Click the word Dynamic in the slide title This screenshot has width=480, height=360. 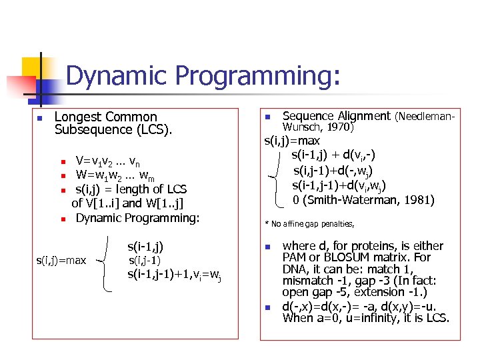tap(111, 77)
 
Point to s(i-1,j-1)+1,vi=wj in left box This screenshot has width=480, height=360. tap(174, 274)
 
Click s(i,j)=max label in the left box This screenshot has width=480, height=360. tap(61, 260)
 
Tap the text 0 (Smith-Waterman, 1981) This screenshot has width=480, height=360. tap(363, 199)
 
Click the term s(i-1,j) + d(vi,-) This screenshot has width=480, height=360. tap(333, 155)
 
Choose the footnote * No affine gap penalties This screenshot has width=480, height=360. tap(309, 224)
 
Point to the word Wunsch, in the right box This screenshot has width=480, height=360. tap(303, 126)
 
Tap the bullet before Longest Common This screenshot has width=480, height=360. tap(40, 118)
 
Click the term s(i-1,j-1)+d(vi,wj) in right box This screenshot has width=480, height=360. tap(339, 185)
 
